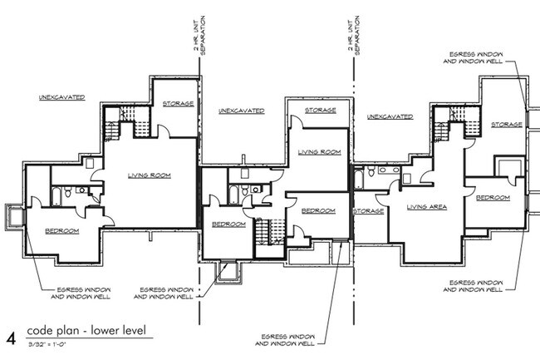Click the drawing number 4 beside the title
[11, 337]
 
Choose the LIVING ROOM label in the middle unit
[319, 152]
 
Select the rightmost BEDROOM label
[493, 197]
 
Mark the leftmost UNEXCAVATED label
[61, 97]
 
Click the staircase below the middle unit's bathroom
[268, 234]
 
